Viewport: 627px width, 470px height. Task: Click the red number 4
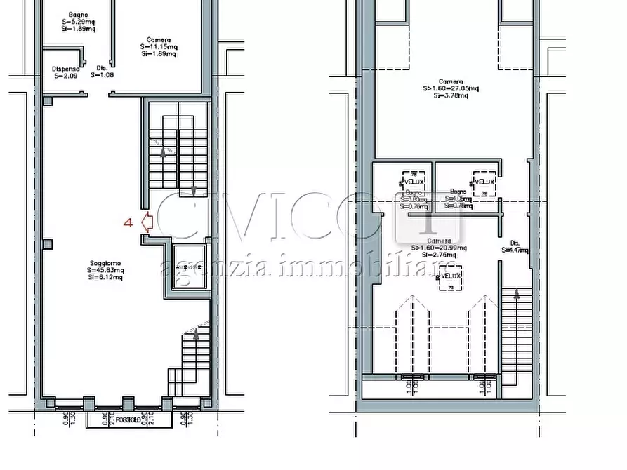click(x=128, y=223)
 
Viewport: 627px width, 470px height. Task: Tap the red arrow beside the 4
click(x=147, y=223)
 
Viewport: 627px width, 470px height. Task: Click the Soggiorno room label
click(x=105, y=262)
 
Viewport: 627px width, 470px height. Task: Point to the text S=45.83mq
click(x=105, y=269)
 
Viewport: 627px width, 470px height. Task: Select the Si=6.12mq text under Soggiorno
click(x=105, y=277)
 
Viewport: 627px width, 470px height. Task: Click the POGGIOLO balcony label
click(x=128, y=420)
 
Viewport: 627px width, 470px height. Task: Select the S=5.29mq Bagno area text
click(x=78, y=21)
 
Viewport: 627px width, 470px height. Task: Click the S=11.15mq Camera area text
click(x=159, y=47)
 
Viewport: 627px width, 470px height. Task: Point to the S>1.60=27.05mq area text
click(x=450, y=88)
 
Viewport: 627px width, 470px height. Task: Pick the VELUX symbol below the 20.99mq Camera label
click(x=450, y=276)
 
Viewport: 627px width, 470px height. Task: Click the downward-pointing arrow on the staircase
click(x=194, y=189)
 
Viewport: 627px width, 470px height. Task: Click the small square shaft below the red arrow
click(x=188, y=267)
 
